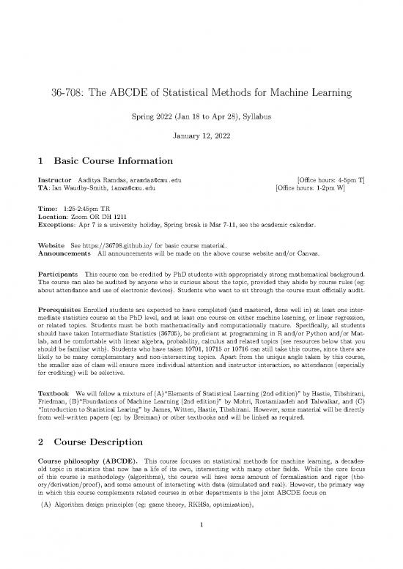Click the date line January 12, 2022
[x=201, y=135]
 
